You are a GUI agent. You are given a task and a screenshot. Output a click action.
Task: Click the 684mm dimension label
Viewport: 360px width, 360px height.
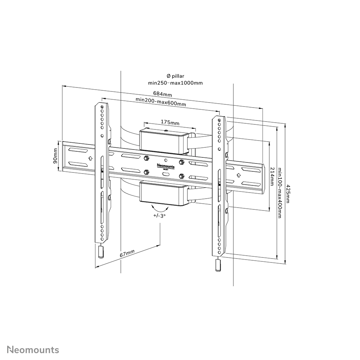[x=162, y=94]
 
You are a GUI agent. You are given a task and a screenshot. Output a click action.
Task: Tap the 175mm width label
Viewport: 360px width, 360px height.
[x=170, y=123]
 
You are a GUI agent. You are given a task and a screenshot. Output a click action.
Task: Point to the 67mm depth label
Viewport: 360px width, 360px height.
[x=127, y=254]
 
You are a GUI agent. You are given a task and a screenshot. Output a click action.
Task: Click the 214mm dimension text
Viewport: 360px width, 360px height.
[x=272, y=176]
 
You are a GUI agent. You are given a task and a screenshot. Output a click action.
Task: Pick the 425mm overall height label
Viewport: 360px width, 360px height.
[x=288, y=194]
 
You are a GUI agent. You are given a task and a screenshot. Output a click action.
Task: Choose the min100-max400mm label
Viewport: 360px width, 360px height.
[x=280, y=193]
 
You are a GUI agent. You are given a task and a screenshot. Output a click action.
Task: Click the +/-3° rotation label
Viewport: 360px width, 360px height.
[x=160, y=216]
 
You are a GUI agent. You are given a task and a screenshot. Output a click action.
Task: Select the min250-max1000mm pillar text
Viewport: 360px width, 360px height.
[x=175, y=83]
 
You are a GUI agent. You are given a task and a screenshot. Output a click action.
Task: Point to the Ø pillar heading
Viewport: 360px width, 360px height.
[x=175, y=76]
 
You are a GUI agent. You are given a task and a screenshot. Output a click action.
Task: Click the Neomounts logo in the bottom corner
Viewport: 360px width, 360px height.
[x=33, y=350]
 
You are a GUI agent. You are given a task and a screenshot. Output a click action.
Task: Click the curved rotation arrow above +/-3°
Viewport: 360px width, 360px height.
[x=160, y=209]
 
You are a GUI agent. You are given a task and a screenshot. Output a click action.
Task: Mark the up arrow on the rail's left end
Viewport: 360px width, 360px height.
[x=90, y=158]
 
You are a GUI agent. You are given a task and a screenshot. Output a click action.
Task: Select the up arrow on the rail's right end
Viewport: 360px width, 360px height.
[x=238, y=175]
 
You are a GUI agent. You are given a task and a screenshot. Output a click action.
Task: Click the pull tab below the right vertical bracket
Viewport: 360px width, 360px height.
[x=217, y=266]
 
